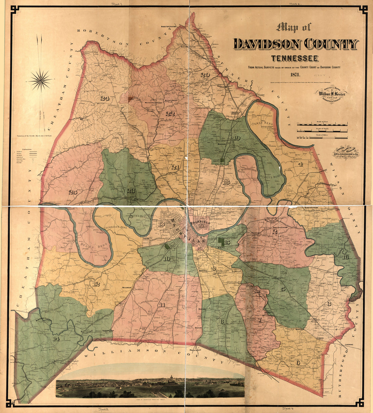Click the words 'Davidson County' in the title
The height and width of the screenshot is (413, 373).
(x=295, y=44)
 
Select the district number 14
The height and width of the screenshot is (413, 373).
(x=56, y=339)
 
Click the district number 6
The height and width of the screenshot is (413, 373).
(x=298, y=363)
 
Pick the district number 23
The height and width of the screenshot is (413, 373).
(x=131, y=191)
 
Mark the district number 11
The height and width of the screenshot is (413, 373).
(x=162, y=305)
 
